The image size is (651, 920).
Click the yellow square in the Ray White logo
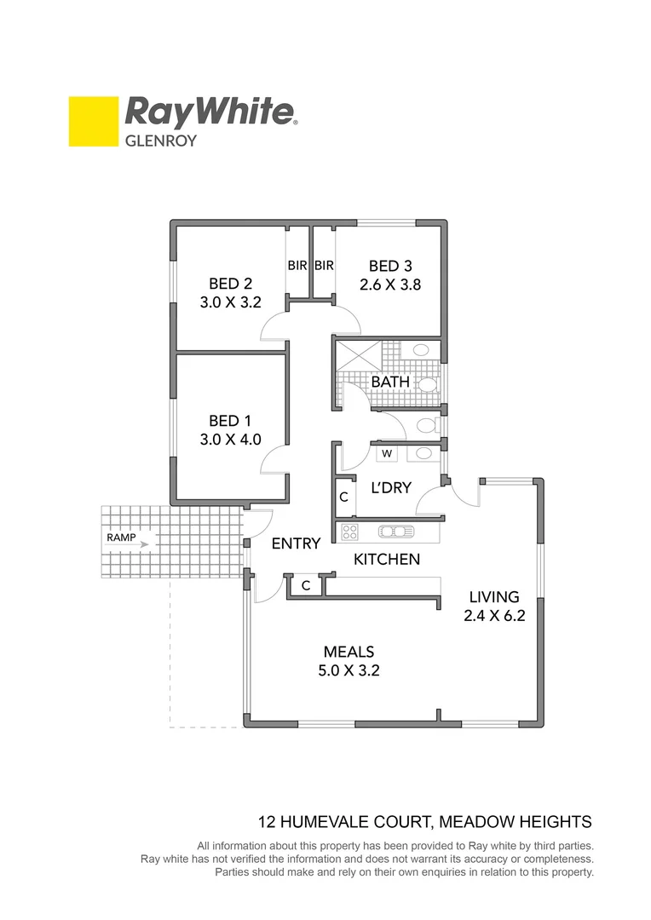94,121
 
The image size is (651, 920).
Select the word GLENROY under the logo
161,141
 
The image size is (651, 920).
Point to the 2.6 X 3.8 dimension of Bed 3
390,285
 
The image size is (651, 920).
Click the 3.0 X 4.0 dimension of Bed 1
231,440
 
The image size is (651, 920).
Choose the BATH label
389,382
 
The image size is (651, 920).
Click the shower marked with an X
356,355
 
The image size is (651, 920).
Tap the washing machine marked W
387,453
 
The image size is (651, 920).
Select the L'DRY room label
390,488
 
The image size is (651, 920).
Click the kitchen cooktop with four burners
349,532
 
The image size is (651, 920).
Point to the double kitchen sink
396,532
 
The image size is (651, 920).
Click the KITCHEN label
387,560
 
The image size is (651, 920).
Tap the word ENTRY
296,543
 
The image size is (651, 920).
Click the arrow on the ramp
143,543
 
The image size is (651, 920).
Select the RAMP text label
119,538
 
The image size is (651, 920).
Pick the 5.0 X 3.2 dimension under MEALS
349,670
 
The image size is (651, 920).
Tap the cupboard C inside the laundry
343,497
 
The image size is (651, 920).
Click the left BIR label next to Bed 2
297,266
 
